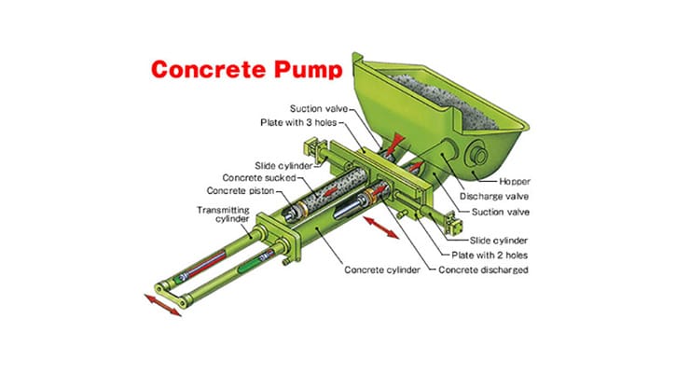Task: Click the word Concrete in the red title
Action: click(x=204, y=70)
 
